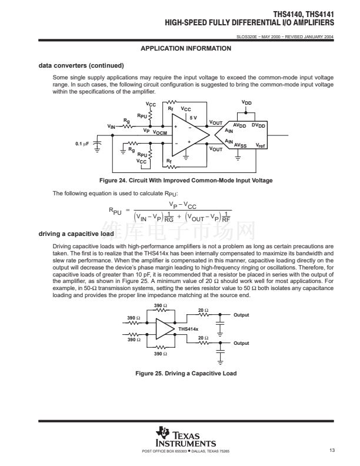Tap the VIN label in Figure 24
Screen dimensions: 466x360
111,127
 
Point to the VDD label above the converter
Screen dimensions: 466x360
247,102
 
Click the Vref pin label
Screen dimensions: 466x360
261,144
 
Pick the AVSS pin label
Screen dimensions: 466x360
241,145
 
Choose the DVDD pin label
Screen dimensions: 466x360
258,125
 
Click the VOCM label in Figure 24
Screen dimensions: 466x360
160,134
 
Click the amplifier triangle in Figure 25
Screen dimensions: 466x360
165,329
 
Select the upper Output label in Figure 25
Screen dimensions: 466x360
241,315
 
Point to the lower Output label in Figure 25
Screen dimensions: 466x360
241,343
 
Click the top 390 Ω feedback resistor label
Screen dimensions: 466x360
161,305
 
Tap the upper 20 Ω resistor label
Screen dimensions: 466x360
202,310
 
